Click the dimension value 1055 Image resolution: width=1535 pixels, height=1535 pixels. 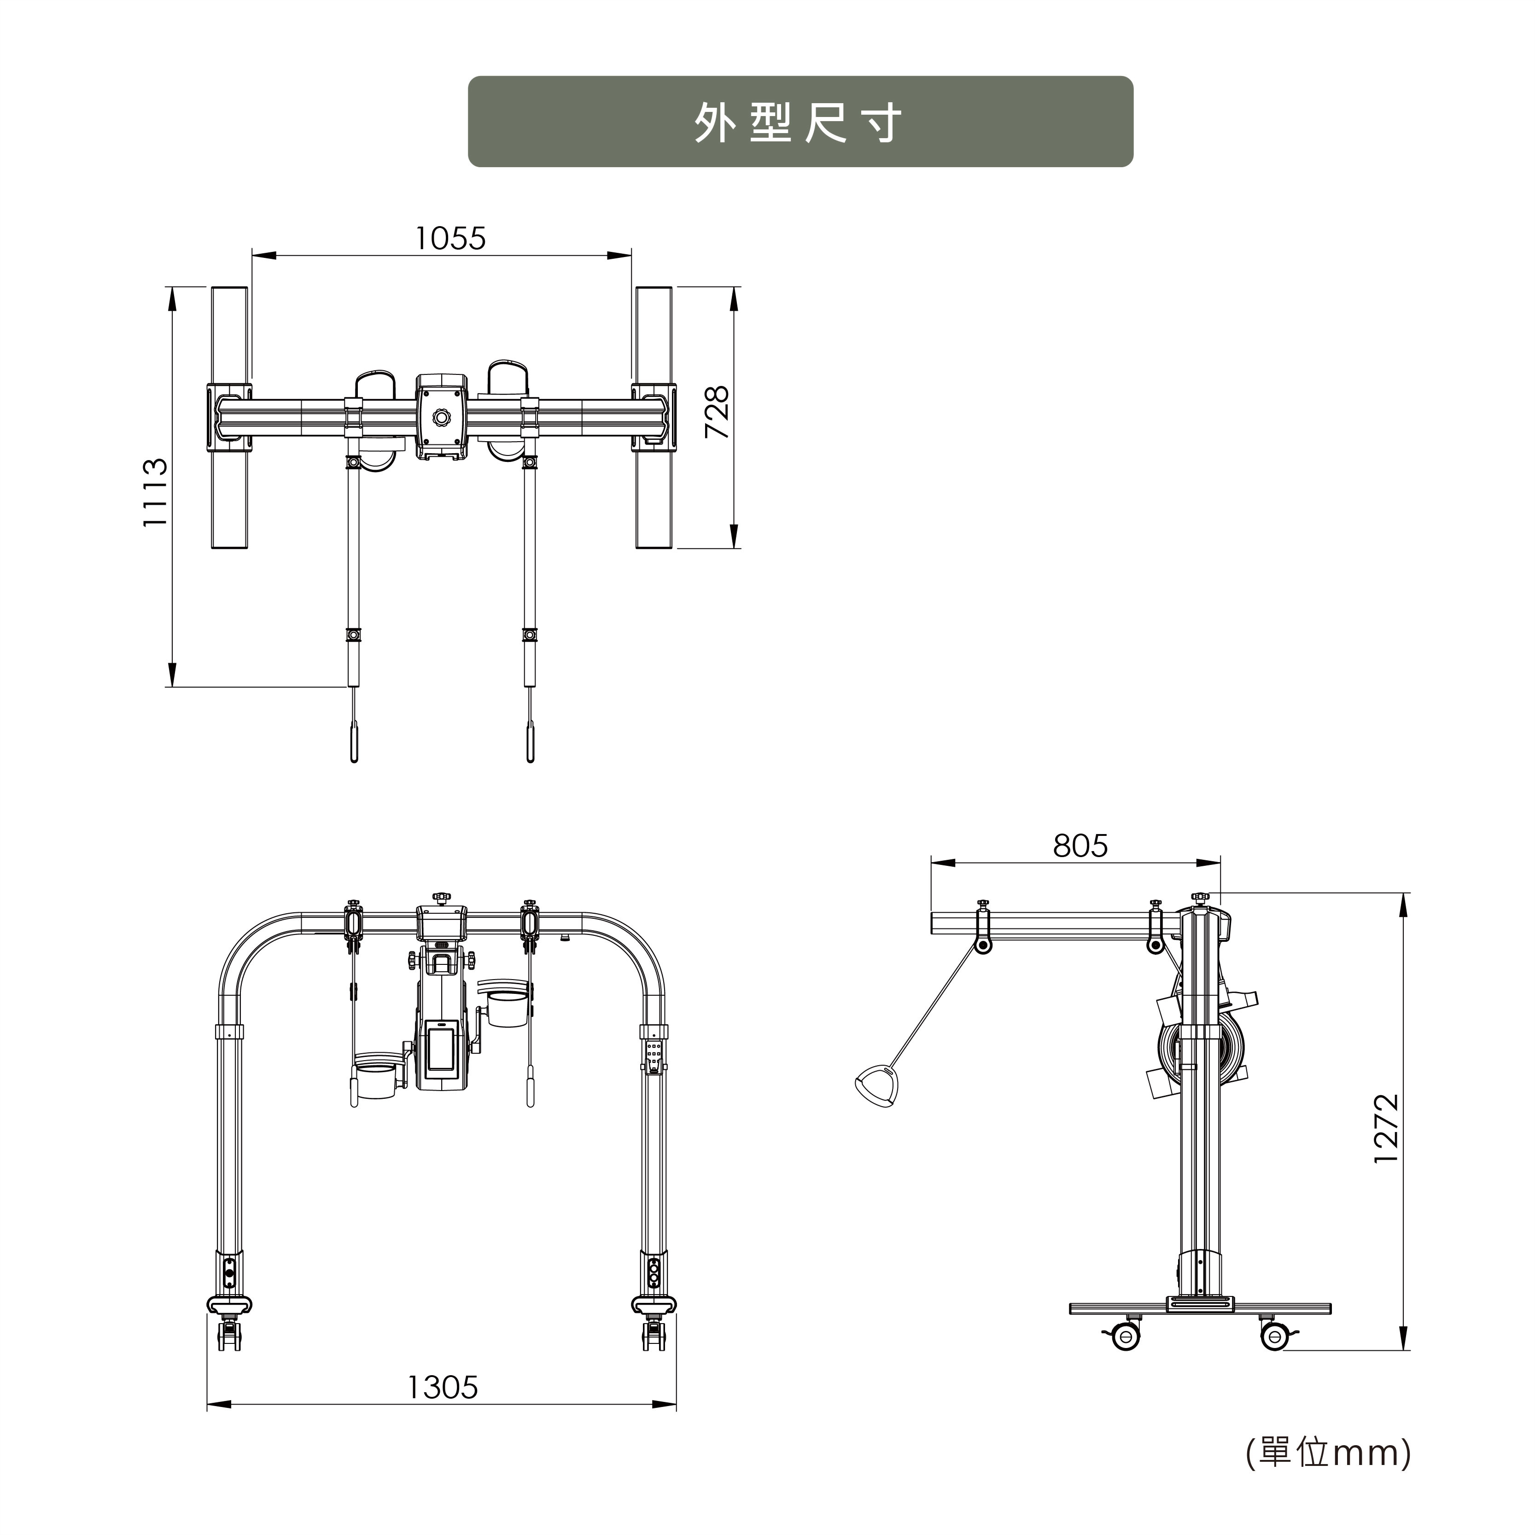click(x=450, y=239)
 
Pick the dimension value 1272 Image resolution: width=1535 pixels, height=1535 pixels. click(x=1386, y=1128)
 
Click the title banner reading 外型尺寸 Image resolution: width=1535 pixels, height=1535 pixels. click(x=800, y=122)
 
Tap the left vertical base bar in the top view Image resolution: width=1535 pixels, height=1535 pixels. click(x=230, y=418)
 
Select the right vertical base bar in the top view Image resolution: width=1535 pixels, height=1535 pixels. click(x=654, y=418)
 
